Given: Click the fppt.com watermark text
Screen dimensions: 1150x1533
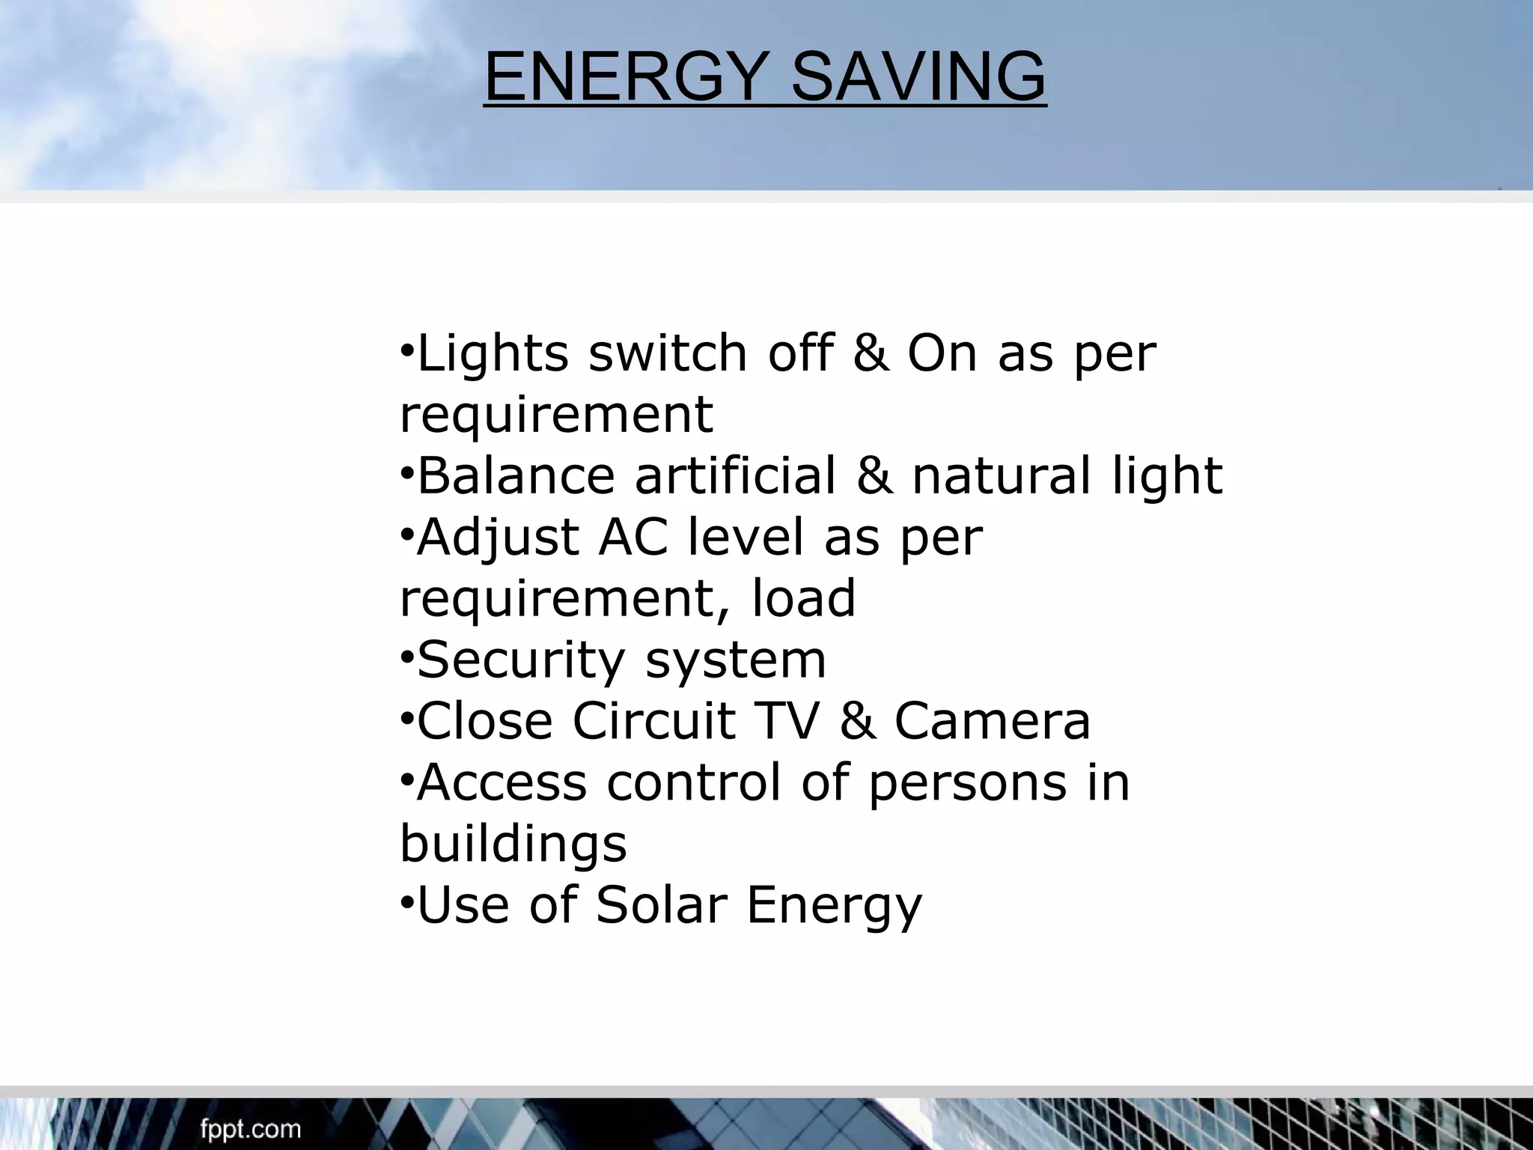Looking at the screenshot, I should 250,1129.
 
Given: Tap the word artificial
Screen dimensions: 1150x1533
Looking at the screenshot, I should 735,475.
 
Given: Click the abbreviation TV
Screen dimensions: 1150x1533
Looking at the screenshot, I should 785,721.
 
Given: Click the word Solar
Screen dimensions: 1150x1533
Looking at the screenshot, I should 662,904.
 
